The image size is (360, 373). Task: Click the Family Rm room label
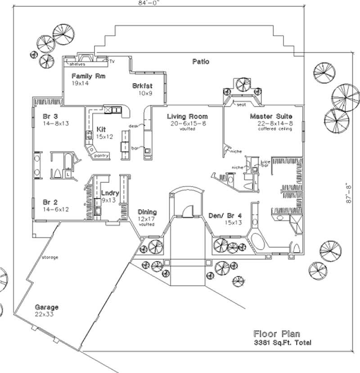pyautogui.click(x=88, y=76)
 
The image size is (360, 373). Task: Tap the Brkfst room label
pyautogui.click(x=142, y=85)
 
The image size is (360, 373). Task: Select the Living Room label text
pyautogui.click(x=188, y=117)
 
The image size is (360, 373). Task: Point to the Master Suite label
pyautogui.click(x=271, y=117)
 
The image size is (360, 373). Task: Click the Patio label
pyautogui.click(x=200, y=62)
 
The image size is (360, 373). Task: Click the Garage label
pyautogui.click(x=47, y=307)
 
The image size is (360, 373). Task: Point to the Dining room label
pyautogui.click(x=147, y=212)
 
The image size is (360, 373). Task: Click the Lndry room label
pyautogui.click(x=110, y=193)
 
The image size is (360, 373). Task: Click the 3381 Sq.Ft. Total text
pyautogui.click(x=282, y=343)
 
